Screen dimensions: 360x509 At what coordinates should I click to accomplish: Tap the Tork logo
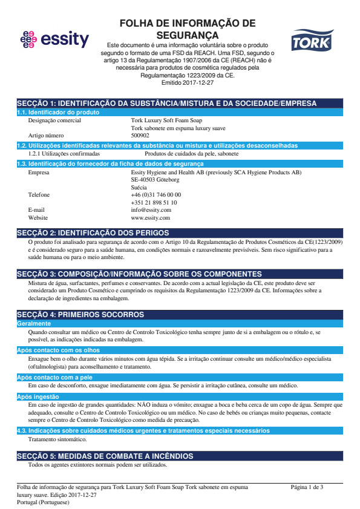coord(312,42)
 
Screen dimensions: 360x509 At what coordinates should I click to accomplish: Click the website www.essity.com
coord(150,217)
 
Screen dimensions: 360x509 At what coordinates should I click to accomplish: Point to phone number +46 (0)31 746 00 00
coord(155,195)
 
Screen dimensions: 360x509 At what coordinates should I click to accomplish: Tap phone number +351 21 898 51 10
coord(154,203)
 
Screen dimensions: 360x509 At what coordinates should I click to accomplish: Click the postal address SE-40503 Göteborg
coord(155,180)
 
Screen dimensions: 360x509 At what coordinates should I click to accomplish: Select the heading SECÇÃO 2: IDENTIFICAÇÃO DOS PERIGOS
coord(93,233)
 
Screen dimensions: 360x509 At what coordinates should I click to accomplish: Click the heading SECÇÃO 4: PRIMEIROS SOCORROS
coord(80,315)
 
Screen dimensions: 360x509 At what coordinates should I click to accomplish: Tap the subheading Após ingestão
coord(38,397)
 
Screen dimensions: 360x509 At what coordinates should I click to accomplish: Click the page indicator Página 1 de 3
coord(307,487)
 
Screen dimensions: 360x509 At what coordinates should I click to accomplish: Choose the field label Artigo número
coord(46,136)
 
